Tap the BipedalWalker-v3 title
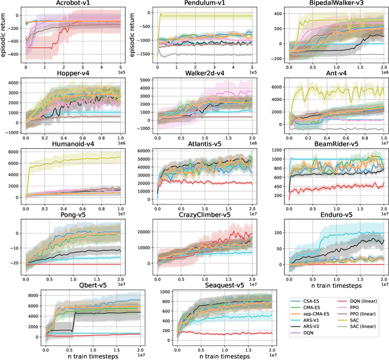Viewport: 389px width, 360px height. [x=329, y=4]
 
